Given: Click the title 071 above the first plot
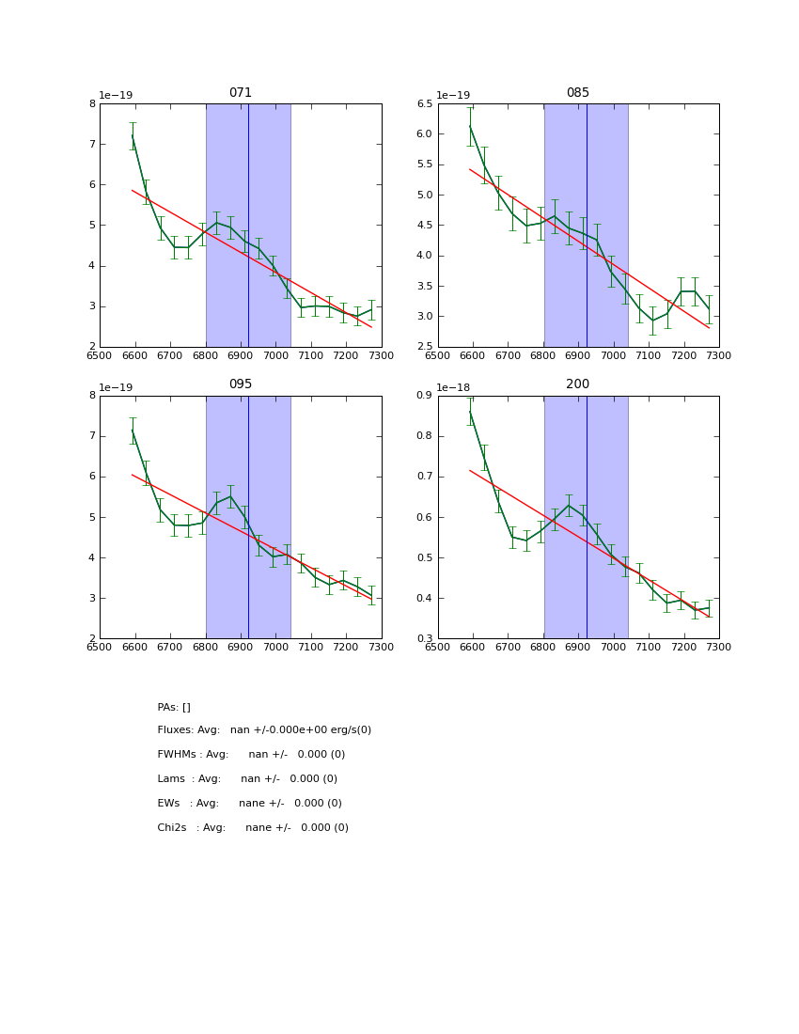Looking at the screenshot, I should point(241,93).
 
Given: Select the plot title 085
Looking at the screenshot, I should point(578,93).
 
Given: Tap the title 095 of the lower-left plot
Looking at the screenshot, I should point(241,384).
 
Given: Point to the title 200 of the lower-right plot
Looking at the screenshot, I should point(578,384).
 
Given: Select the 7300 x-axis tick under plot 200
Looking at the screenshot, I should point(719,646).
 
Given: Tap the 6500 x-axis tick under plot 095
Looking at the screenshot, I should point(100,646).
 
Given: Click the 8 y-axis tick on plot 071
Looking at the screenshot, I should point(91,103).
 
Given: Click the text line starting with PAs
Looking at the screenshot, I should point(174,707).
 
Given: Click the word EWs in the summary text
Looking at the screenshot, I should point(168,804).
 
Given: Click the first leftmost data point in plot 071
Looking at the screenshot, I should point(133,135).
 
